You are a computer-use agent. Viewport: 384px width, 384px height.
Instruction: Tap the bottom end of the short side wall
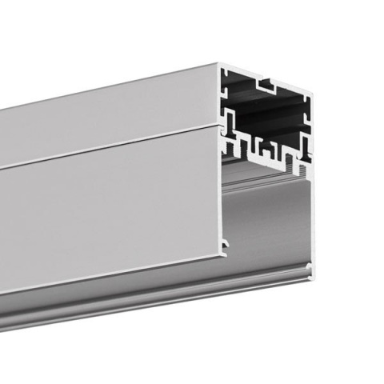click(x=223, y=256)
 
